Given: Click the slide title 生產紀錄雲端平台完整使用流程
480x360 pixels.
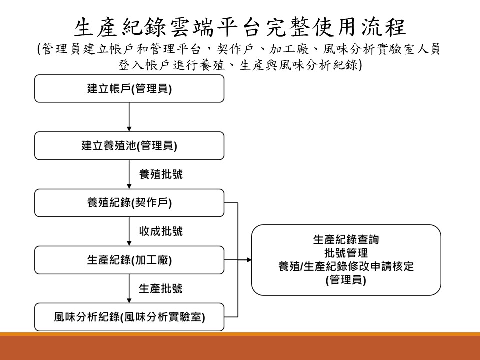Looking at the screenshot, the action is pyautogui.click(x=240, y=27).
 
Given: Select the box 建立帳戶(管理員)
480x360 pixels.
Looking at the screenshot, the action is pyautogui.click(x=129, y=89).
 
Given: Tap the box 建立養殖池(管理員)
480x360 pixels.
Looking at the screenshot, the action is pyautogui.click(x=129, y=145).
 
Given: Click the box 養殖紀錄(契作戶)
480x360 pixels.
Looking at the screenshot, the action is pyautogui.click(x=129, y=203).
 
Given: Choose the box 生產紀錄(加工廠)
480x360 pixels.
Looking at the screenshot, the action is pyautogui.click(x=129, y=260).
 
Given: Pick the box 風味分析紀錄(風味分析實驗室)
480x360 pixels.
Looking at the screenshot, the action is pyautogui.click(x=129, y=317).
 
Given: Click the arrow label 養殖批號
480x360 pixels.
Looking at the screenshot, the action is pyautogui.click(x=161, y=174).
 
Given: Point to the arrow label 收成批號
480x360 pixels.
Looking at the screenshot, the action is pyautogui.click(x=161, y=231).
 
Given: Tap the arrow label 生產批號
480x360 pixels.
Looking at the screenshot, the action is pyautogui.click(x=161, y=288).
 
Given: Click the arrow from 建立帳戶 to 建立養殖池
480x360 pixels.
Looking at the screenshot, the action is pyautogui.click(x=129, y=117).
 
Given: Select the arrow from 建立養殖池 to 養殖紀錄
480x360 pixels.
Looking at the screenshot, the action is pyautogui.click(x=129, y=174).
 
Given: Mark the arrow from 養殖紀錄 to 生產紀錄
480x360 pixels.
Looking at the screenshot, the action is pyautogui.click(x=129, y=231).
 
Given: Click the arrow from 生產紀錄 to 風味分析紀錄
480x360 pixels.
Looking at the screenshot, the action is pyautogui.click(x=129, y=288).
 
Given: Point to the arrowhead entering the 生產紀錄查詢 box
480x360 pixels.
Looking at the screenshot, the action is pyautogui.click(x=249, y=260).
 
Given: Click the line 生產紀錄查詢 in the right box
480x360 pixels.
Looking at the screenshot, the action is pyautogui.click(x=346, y=240).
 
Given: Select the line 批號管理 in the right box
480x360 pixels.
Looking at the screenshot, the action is pyautogui.click(x=346, y=253).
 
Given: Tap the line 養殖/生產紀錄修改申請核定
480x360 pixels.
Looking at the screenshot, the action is pyautogui.click(x=346, y=266).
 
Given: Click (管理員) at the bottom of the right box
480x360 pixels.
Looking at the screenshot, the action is pyautogui.click(x=346, y=280).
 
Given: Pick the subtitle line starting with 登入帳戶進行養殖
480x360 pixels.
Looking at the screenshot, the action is pyautogui.click(x=240, y=65).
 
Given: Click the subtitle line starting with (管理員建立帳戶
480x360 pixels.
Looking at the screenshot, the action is pyautogui.click(x=239, y=49).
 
